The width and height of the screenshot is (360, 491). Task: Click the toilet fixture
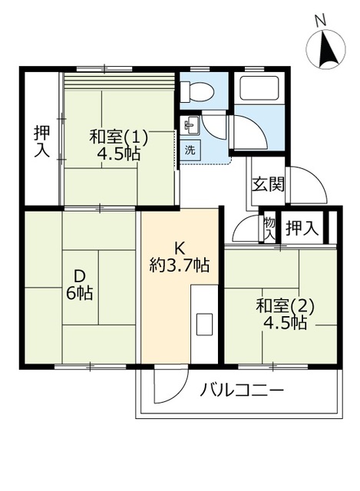click(x=197, y=92)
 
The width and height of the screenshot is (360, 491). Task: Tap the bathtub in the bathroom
click(x=259, y=87)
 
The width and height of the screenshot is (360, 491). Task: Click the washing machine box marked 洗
click(x=190, y=150)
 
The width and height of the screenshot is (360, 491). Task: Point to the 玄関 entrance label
click(x=269, y=184)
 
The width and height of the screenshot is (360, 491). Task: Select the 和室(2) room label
click(x=285, y=307)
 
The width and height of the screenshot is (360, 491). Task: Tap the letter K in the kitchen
click(x=179, y=249)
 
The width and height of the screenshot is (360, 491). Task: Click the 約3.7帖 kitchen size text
click(x=179, y=265)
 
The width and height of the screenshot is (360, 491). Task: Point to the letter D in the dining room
click(x=80, y=276)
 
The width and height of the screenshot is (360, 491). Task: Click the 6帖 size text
click(x=79, y=293)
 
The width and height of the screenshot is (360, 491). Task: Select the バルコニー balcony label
click(x=242, y=390)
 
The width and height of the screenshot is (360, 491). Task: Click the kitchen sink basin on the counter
click(x=204, y=324)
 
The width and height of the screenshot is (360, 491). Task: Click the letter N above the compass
click(x=320, y=21)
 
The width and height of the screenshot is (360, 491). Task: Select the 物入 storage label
click(x=269, y=229)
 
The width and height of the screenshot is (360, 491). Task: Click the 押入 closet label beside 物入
click(x=302, y=228)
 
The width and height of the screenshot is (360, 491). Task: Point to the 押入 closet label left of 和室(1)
click(x=41, y=141)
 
